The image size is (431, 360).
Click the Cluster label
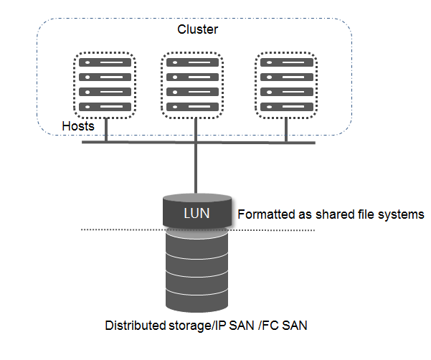[x=197, y=29]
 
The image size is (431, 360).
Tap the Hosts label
[x=78, y=126]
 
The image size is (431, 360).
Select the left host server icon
[x=106, y=85]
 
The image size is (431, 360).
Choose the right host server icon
[x=287, y=85]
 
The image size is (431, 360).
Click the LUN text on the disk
[x=196, y=213]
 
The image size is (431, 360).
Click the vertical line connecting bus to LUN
[x=196, y=169]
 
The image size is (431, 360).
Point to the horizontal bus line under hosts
[x=143, y=142]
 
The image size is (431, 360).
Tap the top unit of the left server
[x=106, y=63]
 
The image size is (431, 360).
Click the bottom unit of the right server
[x=287, y=106]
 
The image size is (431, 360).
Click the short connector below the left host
[x=106, y=130]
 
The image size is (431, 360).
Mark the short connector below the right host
[x=287, y=130]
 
